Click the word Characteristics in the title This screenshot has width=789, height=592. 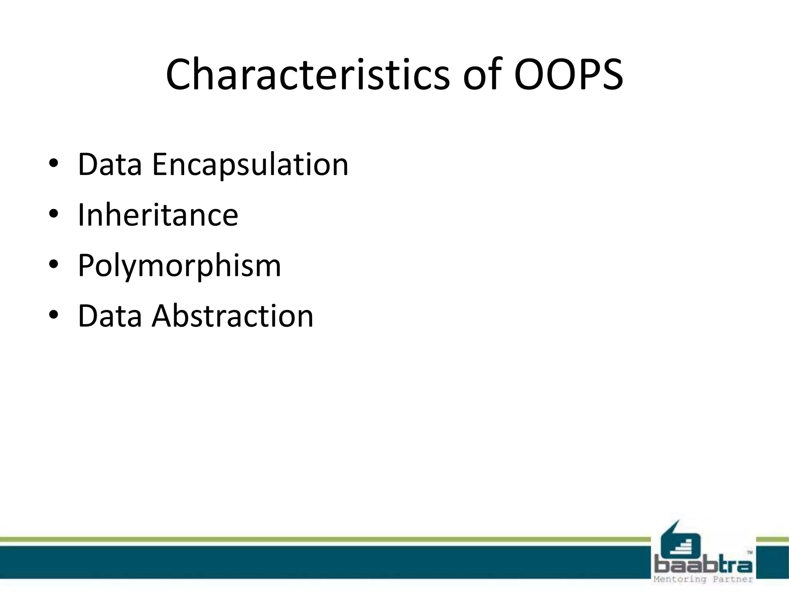(x=307, y=74)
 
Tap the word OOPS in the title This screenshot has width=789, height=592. (x=569, y=74)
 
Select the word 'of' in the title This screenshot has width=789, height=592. (x=483, y=74)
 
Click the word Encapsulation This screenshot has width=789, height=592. (x=250, y=165)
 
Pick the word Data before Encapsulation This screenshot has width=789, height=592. (x=110, y=165)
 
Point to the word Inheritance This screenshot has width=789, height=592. (x=158, y=215)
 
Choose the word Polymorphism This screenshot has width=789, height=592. (x=180, y=266)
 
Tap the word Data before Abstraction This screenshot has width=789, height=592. (x=110, y=316)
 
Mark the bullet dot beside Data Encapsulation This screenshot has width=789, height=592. (x=54, y=165)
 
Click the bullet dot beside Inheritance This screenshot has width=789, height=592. (x=54, y=214)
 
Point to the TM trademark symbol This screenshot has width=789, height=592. (x=750, y=553)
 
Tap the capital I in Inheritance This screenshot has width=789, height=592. (x=81, y=215)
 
